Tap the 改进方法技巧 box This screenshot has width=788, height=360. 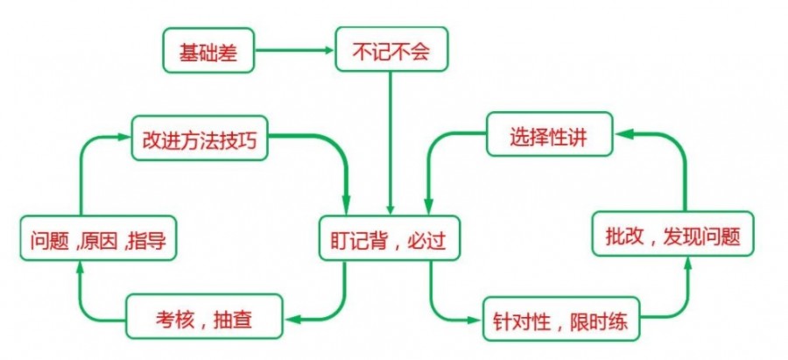(x=200, y=138)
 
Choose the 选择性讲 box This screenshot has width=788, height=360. (x=550, y=137)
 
